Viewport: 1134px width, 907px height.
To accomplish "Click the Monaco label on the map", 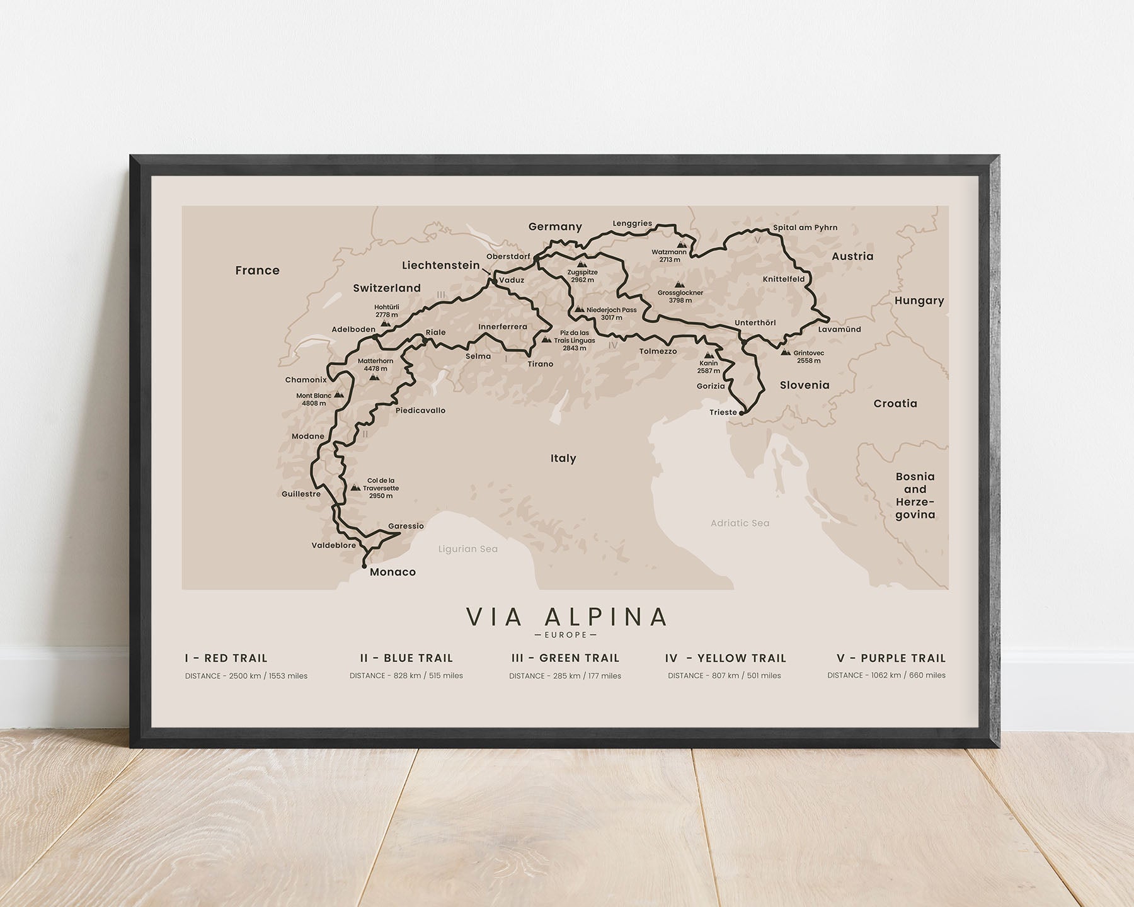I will click(x=392, y=572).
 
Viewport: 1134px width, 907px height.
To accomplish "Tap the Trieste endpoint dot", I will click(x=742, y=414).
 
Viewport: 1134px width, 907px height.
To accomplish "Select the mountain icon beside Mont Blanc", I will click(x=339, y=396).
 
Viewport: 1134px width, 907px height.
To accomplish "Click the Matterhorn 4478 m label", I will click(x=375, y=365).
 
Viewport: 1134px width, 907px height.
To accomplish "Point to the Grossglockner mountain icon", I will click(x=679, y=285).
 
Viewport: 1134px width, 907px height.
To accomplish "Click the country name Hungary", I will click(x=919, y=300).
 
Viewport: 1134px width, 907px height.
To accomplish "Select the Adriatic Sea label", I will click(x=740, y=523).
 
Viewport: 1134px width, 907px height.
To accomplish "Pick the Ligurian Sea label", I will click(x=468, y=549).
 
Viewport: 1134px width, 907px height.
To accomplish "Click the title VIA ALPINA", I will click(x=566, y=617).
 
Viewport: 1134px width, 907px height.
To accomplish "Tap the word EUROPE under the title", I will click(x=566, y=635).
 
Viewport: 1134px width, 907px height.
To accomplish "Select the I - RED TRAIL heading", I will click(x=226, y=658).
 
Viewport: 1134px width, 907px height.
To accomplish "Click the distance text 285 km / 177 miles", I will click(x=565, y=676).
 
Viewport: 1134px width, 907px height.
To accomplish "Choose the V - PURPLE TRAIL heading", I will click(x=891, y=658).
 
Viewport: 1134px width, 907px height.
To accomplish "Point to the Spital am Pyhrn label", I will click(x=805, y=227).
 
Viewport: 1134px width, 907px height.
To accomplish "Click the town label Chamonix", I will click(x=306, y=380).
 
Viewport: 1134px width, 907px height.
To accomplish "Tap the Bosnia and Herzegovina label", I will click(x=915, y=495).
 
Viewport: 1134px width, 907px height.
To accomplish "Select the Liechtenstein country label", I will click(x=441, y=265).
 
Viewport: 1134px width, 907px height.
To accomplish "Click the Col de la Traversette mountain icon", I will click(x=355, y=488).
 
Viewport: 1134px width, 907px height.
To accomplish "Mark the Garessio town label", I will click(x=406, y=526).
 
